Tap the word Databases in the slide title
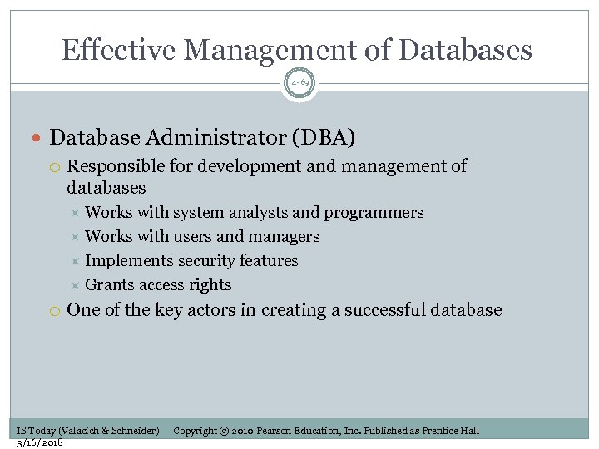(465, 51)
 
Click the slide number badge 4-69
(299, 84)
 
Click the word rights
(210, 285)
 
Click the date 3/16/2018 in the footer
(40, 442)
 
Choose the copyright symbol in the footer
(225, 431)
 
